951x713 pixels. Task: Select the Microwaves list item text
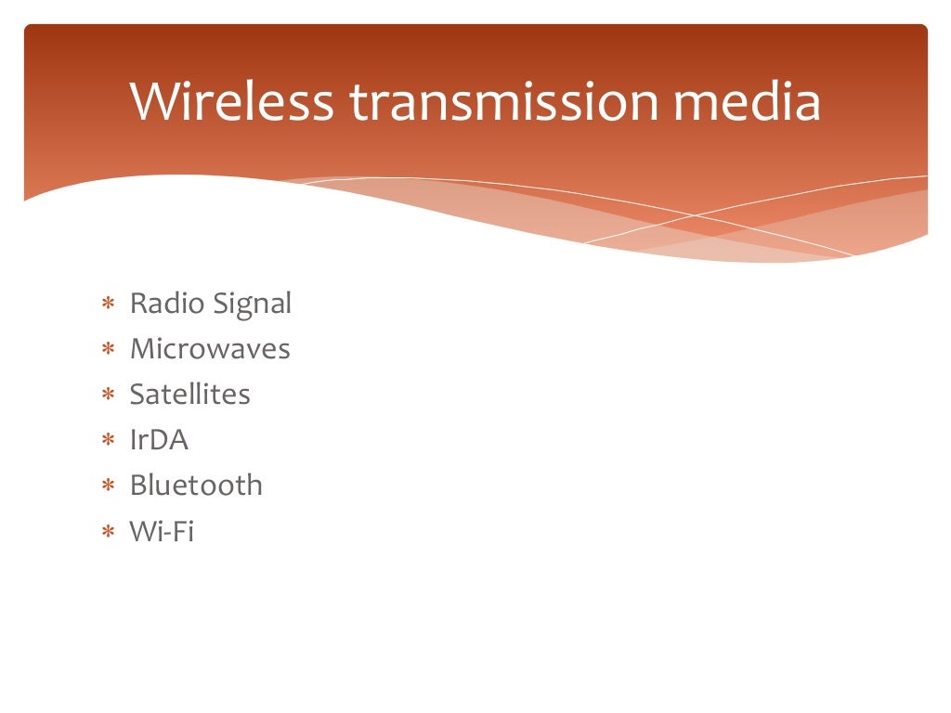pos(210,349)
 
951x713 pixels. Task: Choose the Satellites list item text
pos(189,395)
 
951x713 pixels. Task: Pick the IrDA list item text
pos(159,440)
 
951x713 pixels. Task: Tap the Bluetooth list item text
pos(196,485)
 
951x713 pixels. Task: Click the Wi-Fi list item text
pos(162,531)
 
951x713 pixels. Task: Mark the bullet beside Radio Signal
pos(109,305)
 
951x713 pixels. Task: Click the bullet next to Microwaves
pos(109,350)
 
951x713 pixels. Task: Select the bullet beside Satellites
pos(109,395)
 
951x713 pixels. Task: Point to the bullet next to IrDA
pos(109,441)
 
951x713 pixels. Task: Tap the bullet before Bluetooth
pos(109,486)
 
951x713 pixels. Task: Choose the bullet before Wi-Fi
pos(109,532)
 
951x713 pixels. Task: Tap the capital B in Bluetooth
pos(138,485)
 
